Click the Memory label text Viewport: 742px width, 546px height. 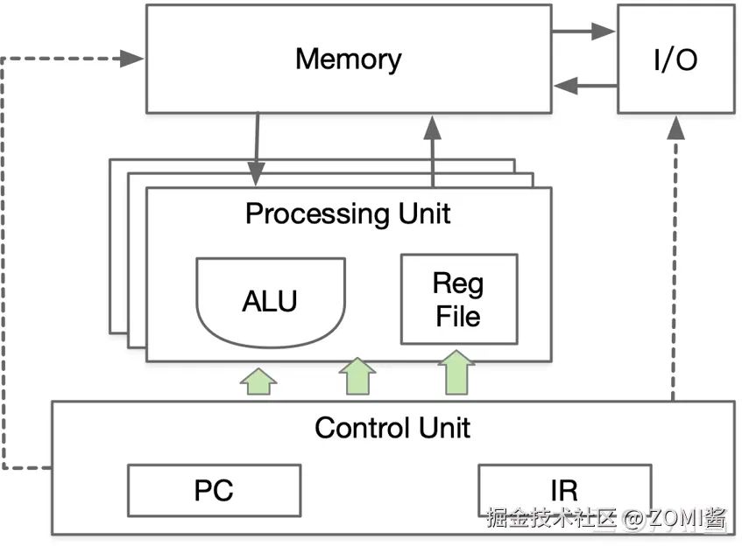coord(348,59)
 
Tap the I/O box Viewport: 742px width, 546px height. coord(675,59)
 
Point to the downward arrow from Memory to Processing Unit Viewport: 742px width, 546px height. coord(256,149)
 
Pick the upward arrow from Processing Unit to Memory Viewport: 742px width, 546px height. coord(433,149)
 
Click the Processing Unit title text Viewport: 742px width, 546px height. coord(348,213)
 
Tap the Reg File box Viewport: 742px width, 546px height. coord(458,299)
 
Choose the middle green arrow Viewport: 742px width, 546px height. coord(357,377)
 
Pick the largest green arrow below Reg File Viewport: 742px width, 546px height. coord(456,373)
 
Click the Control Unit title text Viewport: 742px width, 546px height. coord(392,428)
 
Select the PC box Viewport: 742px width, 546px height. coord(214,490)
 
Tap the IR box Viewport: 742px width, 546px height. coord(564,488)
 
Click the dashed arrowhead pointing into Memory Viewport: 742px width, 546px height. coord(133,59)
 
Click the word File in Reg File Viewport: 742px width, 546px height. coord(458,315)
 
